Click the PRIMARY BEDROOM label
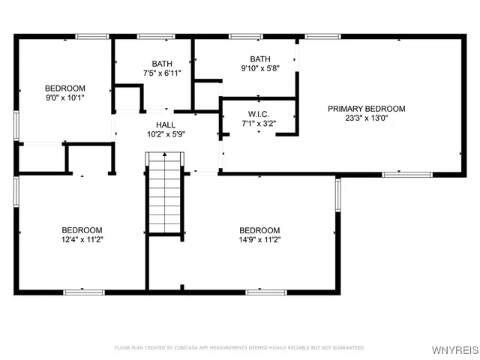tap(366, 109)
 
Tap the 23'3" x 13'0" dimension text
tap(366, 118)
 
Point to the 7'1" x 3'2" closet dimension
tap(258, 123)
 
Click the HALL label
tap(166, 124)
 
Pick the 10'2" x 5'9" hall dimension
tap(166, 134)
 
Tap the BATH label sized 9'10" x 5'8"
tap(260, 58)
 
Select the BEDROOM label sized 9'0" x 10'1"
tap(64, 88)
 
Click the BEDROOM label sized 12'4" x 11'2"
tap(82, 230)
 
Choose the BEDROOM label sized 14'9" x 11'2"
tap(259, 230)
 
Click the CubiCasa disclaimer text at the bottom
tap(239, 348)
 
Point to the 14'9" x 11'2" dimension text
tap(259, 240)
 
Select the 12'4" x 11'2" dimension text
tap(82, 240)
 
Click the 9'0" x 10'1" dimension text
tap(64, 97)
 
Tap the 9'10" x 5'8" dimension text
tap(260, 68)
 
